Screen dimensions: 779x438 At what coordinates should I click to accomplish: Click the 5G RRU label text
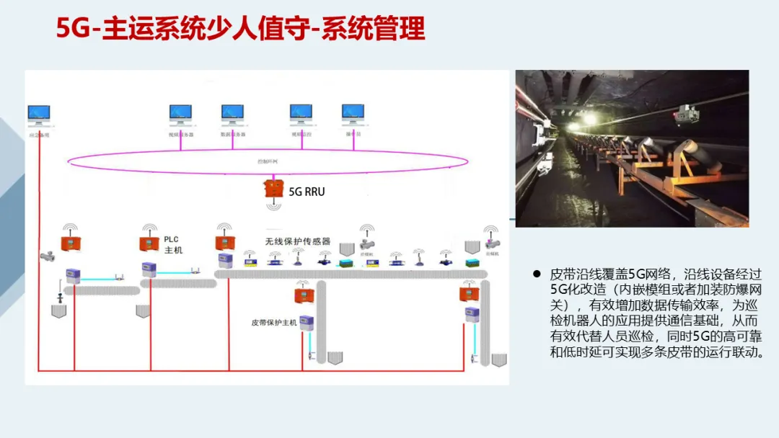click(x=306, y=192)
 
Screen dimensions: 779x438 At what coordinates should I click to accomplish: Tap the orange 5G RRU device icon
click(x=273, y=188)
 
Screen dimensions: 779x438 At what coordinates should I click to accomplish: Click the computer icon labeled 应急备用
click(x=39, y=114)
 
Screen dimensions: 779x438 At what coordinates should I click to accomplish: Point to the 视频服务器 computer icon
click(x=180, y=113)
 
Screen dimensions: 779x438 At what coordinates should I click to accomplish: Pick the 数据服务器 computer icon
click(x=232, y=113)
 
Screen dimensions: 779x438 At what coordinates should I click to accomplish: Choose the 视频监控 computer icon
click(x=301, y=113)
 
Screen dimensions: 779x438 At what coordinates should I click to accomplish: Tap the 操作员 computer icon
click(x=353, y=113)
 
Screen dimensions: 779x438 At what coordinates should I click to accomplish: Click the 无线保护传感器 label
click(x=298, y=241)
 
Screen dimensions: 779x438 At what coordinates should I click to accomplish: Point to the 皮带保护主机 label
click(x=273, y=322)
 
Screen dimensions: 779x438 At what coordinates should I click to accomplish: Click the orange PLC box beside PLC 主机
click(x=149, y=244)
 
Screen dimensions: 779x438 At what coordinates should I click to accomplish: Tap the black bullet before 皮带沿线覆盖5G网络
click(x=537, y=274)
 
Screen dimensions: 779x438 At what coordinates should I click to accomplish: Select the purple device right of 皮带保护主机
click(x=307, y=322)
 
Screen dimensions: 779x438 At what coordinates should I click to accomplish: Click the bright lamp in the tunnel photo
click(x=589, y=120)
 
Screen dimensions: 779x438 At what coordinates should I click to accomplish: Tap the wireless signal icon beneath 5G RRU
click(x=273, y=206)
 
